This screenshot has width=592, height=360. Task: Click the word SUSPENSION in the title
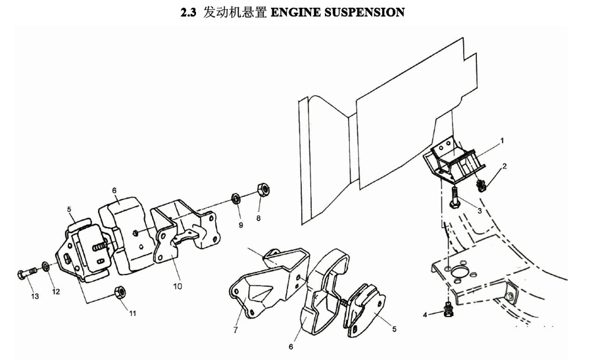(364, 12)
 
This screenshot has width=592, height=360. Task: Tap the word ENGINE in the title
(296, 12)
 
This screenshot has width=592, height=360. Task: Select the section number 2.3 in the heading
(188, 13)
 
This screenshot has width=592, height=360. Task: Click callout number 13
(35, 296)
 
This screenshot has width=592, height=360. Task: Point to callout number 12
(56, 292)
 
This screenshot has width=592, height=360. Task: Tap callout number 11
(132, 313)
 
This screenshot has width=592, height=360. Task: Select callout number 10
(178, 286)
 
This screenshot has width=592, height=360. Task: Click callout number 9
(241, 225)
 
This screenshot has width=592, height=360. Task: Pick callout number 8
(259, 218)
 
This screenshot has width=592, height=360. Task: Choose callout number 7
(235, 330)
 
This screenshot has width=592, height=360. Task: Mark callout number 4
(425, 315)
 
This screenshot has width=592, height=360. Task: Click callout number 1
(502, 141)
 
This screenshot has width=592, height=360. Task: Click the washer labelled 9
(236, 198)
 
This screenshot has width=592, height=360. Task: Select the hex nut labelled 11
(120, 292)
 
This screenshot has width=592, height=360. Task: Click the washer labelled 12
(45, 266)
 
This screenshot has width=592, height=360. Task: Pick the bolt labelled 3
(454, 197)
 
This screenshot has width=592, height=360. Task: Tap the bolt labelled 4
(448, 310)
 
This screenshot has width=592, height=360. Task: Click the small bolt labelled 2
(481, 186)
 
